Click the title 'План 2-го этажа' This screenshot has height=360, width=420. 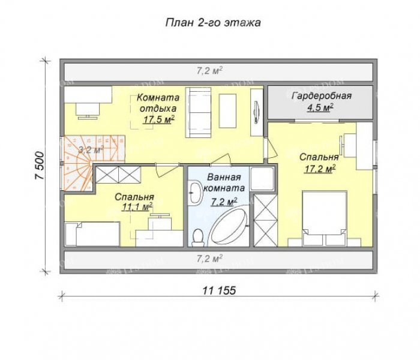[213, 23]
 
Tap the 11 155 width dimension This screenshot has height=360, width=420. [219, 290]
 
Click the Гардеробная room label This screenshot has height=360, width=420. [322, 96]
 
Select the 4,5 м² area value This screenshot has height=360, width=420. [320, 107]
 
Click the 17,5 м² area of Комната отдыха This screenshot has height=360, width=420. [159, 119]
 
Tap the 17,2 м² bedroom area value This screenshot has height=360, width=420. [320, 169]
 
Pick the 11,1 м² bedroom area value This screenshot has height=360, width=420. [137, 206]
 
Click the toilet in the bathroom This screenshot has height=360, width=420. [198, 238]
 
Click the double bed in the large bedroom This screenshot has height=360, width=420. [325, 218]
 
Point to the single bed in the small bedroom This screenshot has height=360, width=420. [92, 234]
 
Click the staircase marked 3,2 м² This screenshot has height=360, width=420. [91, 163]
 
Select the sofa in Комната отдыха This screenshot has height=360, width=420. [198, 113]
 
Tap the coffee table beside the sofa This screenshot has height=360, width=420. [227, 111]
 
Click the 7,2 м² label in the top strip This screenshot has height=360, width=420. [210, 70]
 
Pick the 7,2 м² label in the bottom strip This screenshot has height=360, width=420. [210, 259]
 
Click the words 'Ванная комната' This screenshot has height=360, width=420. [224, 182]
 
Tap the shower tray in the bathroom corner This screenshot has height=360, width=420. [262, 178]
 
